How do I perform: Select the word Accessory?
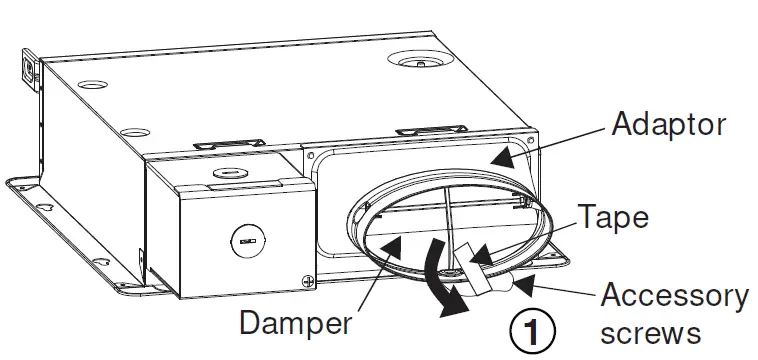pos(673,296)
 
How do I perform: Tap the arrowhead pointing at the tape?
pos(483,258)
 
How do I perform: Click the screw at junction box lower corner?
pos(306,283)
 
